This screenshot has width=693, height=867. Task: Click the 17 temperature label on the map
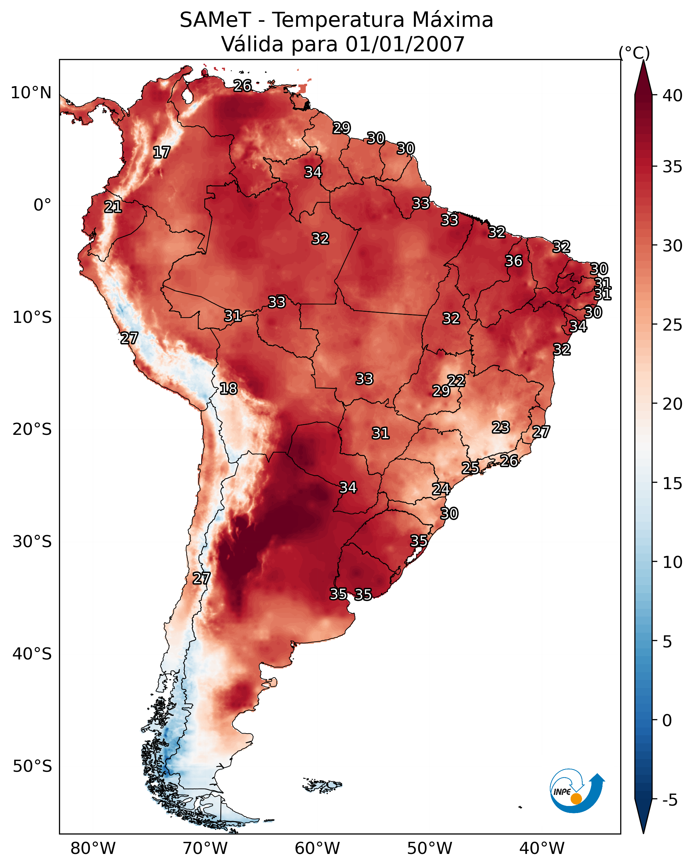(162, 153)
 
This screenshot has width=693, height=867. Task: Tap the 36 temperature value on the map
(514, 261)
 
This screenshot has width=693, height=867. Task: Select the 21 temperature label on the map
(113, 207)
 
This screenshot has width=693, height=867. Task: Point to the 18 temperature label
(228, 389)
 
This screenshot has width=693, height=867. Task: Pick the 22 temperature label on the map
(456, 381)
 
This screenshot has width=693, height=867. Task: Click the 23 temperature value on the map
(501, 427)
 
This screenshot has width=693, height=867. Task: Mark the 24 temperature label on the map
(441, 489)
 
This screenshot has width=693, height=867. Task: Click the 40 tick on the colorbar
(673, 96)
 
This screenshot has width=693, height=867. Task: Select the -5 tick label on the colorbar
(670, 800)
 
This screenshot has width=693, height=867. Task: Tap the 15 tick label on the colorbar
(673, 483)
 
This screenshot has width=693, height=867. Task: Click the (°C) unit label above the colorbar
(634, 53)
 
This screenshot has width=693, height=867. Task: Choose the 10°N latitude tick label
(31, 93)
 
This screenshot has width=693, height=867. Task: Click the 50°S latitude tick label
(32, 766)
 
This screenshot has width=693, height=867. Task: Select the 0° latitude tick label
(43, 205)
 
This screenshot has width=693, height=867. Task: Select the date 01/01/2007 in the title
(405, 44)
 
